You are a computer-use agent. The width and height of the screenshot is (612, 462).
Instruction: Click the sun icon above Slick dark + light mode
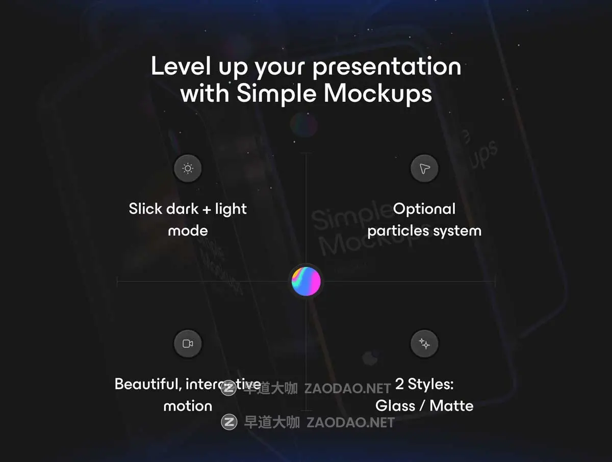pyautogui.click(x=188, y=169)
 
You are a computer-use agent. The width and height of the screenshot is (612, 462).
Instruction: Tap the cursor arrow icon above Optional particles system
pyautogui.click(x=424, y=169)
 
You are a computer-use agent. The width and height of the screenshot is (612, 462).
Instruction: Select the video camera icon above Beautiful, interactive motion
pyautogui.click(x=188, y=344)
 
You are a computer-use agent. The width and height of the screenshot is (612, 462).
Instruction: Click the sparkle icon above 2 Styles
pyautogui.click(x=424, y=344)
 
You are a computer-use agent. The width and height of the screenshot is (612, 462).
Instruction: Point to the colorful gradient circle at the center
pyautogui.click(x=306, y=281)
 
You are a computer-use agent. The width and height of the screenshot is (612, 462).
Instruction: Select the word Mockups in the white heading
pyautogui.click(x=377, y=94)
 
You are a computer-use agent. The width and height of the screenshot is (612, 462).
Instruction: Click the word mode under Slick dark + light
pyautogui.click(x=188, y=231)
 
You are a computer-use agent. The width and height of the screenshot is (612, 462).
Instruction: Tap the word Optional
pyautogui.click(x=424, y=209)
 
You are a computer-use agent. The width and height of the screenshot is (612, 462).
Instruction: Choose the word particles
pyautogui.click(x=398, y=231)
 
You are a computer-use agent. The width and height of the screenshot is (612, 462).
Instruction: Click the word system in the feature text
pyautogui.click(x=457, y=231)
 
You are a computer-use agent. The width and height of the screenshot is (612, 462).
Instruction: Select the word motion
pyautogui.click(x=188, y=406)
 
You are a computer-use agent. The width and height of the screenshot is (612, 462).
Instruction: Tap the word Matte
pyautogui.click(x=451, y=406)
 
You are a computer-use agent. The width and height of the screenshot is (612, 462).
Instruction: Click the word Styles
pyautogui.click(x=430, y=384)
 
